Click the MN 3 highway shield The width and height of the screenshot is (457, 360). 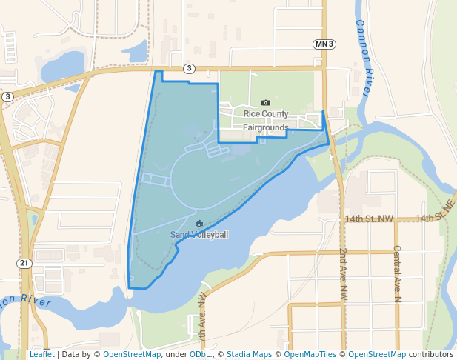coord(324,44)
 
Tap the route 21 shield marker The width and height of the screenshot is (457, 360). coord(25,263)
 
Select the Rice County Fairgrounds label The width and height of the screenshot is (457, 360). coord(266,121)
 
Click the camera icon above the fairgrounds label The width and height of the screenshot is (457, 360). coord(266,103)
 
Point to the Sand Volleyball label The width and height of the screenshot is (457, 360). coord(199,235)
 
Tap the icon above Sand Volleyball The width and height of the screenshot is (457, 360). coord(199,223)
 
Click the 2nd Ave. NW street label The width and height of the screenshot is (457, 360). coord(344,274)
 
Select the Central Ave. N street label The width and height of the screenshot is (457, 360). coord(397,274)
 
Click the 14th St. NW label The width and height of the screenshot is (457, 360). coord(369,219)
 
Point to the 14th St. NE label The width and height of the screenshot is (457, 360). coord(434,216)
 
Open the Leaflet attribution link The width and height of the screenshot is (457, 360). coord(41,354)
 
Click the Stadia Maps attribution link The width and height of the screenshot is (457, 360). coord(249,354)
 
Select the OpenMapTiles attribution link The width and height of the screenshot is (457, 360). coord(310,354)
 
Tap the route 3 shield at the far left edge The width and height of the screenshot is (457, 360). coord(7,96)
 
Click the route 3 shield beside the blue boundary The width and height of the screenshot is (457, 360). coord(190,69)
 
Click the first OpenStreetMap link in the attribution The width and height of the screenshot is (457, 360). coord(132,354)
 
